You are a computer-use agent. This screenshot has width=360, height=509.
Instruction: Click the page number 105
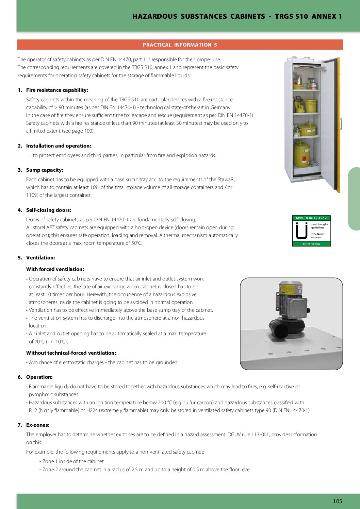pos(337,501)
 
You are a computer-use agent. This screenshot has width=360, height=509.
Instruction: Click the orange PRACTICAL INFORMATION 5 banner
pos(180,45)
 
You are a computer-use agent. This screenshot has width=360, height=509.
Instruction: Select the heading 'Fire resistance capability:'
pos(57,90)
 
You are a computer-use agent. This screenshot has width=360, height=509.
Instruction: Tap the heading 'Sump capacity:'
pos(45,170)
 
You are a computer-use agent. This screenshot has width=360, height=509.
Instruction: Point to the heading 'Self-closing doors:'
pos(49,210)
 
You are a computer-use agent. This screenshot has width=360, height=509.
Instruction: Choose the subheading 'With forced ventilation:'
pos(55,269)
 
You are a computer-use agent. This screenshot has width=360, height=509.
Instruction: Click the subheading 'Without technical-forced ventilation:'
pos(71,353)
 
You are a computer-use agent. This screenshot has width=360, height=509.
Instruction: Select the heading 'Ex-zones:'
pos(38,425)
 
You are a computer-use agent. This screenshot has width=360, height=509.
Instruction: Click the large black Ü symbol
pos(301,231)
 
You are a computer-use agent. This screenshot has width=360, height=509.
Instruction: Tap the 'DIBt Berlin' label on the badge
pos(311,244)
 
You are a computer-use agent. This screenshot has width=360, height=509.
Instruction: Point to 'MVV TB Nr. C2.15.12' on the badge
pos(311,218)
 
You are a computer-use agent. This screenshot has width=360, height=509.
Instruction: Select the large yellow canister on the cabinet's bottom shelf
pos(301,155)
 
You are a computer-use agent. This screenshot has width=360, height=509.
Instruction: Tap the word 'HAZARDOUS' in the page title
pos(154,16)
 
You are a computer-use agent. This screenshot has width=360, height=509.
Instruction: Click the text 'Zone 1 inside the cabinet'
pos(73,461)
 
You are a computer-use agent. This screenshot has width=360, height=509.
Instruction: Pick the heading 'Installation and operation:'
pos(59,146)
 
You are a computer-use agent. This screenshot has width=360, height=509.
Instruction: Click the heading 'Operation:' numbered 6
pos(39,377)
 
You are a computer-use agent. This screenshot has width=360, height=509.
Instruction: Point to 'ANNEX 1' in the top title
pos(327,16)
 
